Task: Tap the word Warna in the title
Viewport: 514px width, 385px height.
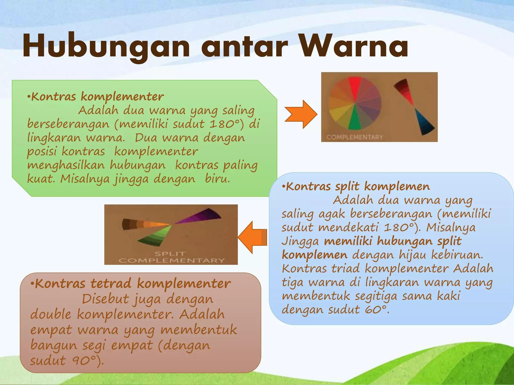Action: (354, 46)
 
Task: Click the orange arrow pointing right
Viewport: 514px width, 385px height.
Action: (301, 114)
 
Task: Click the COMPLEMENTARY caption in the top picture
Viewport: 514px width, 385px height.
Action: (355, 137)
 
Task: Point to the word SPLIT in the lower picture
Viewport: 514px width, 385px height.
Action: (170, 254)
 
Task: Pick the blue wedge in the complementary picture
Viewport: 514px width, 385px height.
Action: (424, 123)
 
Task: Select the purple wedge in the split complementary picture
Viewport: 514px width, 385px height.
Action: (201, 216)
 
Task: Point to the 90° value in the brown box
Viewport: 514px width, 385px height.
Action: (84, 361)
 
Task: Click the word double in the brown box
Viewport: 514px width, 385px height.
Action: (50, 314)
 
